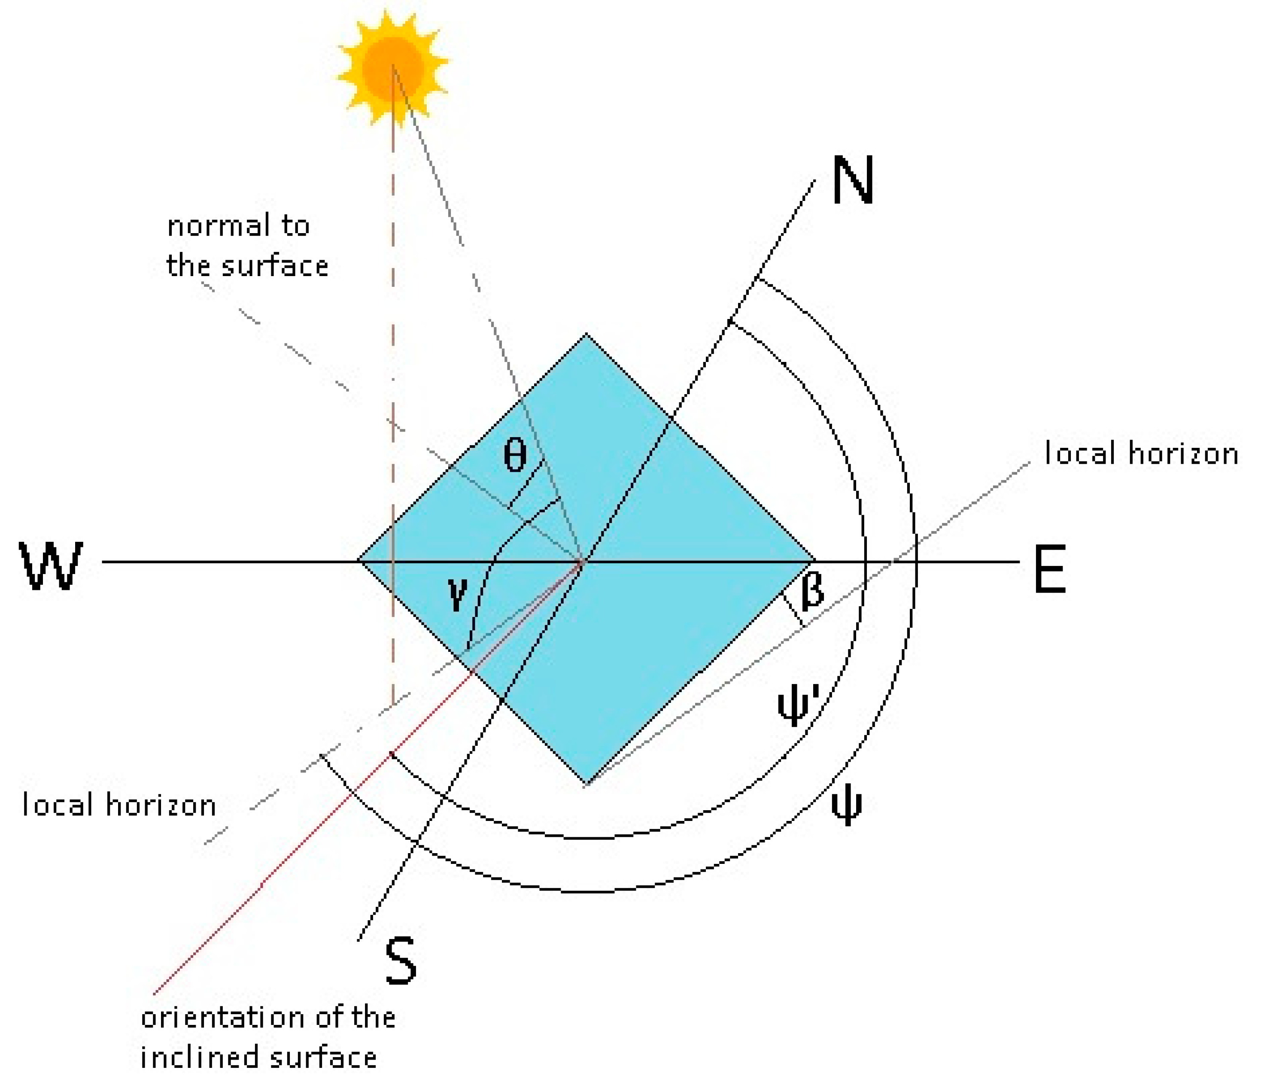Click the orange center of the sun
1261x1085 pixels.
(392, 67)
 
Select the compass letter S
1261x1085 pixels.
(401, 961)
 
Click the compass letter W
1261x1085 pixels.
(51, 566)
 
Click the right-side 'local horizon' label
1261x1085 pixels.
(1141, 454)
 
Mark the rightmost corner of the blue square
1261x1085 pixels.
(814, 560)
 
